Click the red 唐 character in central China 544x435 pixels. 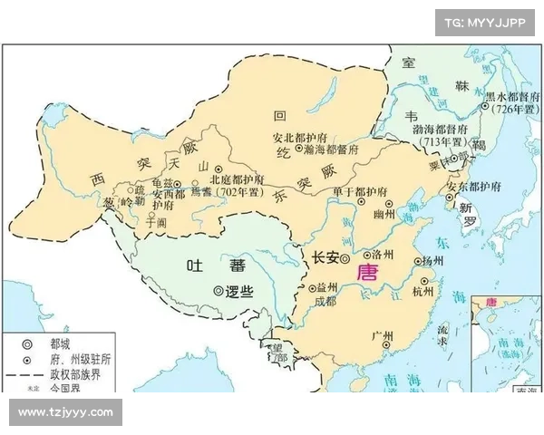[367, 272]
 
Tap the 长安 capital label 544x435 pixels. [325, 258]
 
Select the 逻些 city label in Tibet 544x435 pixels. [238, 291]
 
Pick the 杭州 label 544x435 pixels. [423, 291]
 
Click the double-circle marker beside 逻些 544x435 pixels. [217, 291]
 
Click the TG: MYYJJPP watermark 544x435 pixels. [485, 21]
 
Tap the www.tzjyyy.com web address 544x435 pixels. [65, 412]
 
